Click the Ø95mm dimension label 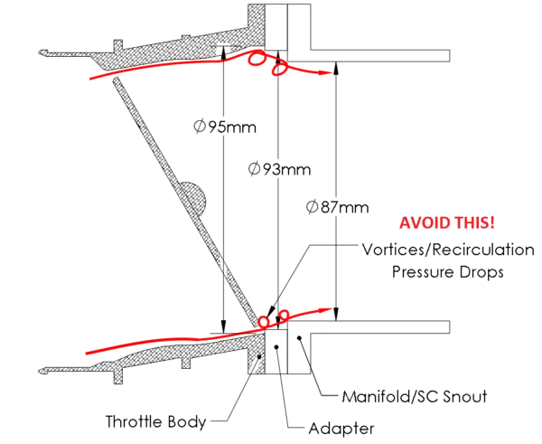225,127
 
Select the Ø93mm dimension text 280,169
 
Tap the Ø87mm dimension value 338,207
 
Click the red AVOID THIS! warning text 447,222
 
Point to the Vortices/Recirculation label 448,250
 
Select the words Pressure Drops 448,272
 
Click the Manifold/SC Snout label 415,397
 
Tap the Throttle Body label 156,422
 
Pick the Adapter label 341,429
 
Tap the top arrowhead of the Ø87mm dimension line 336,69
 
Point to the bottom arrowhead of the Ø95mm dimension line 224,326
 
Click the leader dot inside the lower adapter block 276,346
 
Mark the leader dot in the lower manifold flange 299,337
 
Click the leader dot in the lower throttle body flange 259,356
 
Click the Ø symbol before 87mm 313,207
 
